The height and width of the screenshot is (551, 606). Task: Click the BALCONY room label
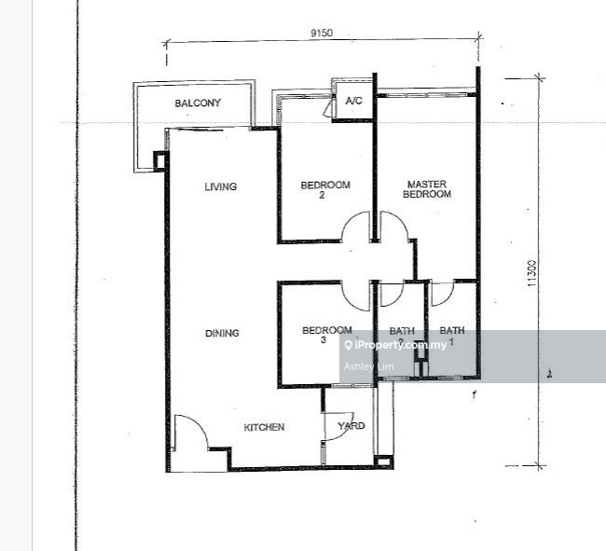point(198,103)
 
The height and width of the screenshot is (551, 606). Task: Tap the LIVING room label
point(221,186)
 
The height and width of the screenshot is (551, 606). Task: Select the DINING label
point(222,333)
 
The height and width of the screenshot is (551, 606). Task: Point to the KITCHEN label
point(264,427)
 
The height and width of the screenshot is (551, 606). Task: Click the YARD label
point(351,426)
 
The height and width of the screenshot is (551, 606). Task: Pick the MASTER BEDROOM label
point(427,189)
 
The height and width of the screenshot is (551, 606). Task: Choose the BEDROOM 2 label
point(325,189)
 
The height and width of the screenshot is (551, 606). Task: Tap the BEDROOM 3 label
point(326,335)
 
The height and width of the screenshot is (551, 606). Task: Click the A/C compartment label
point(353,101)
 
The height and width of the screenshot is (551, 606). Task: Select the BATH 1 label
point(452,336)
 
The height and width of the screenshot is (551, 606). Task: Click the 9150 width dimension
point(322,33)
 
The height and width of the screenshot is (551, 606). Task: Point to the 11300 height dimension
point(531,273)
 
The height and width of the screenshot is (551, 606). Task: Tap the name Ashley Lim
point(368,366)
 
